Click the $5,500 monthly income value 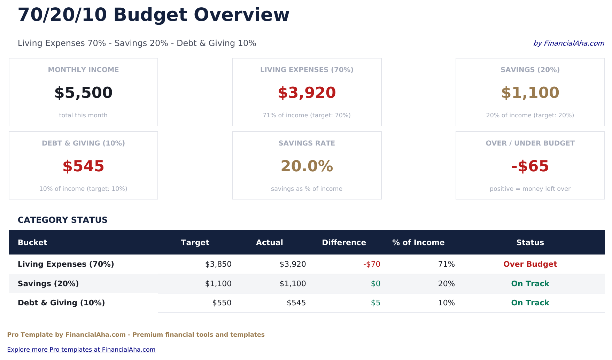[x=83, y=93]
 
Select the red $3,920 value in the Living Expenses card [x=307, y=93]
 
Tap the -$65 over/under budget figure [x=530, y=166]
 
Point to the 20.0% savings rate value [x=307, y=166]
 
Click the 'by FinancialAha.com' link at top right [x=568, y=43]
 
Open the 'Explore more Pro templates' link [x=81, y=350]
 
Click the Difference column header [x=344, y=243]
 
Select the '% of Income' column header [x=418, y=243]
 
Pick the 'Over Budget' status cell [x=530, y=264]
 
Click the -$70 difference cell [x=372, y=264]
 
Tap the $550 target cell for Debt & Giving [x=222, y=303]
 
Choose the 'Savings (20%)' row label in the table [x=48, y=284]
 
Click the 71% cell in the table [x=446, y=264]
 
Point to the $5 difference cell [x=375, y=303]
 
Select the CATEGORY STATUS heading [x=63, y=220]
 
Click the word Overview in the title [x=241, y=15]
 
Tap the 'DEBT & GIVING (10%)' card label [x=83, y=143]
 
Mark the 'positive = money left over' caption [x=530, y=189]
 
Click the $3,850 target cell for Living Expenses [x=218, y=264]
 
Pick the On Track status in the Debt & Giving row [x=530, y=303]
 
